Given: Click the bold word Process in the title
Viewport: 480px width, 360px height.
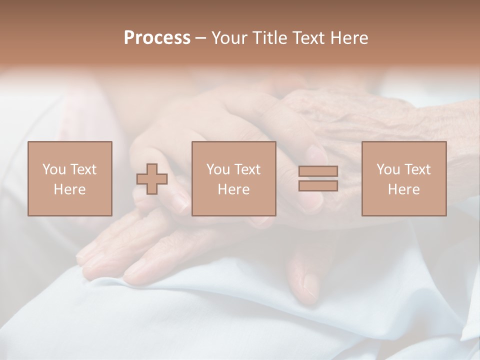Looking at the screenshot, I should click(157, 38).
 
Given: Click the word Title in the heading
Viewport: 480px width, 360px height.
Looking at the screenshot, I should click(270, 38).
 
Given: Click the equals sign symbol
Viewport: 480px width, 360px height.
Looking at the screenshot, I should click(318, 178).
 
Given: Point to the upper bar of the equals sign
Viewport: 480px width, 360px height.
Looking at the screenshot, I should click(318, 171).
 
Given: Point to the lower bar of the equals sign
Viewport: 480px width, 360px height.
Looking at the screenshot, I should click(318, 185).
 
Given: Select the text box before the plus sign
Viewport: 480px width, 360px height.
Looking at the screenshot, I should click(70, 178).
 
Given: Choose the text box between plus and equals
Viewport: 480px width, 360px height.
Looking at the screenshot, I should click(233, 178).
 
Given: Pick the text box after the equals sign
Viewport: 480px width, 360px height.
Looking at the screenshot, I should click(404, 178).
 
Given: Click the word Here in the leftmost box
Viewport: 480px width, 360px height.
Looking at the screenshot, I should click(69, 189).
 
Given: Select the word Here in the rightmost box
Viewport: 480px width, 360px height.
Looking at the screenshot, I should click(403, 189).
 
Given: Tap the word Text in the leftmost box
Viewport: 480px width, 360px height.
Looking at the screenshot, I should click(83, 169).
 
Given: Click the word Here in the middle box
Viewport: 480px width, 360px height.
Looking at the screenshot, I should click(233, 189).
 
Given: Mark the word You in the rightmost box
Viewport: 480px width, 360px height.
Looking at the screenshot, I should click(388, 169).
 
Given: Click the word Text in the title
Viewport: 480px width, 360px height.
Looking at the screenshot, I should click(308, 38).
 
